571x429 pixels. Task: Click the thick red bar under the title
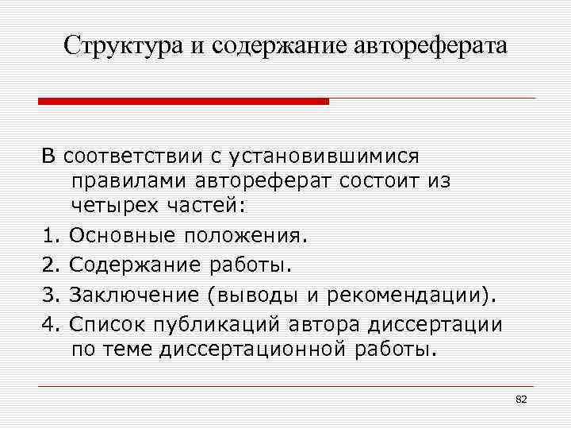click(184, 102)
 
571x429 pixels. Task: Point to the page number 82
click(521, 399)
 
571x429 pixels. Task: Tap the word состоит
click(371, 180)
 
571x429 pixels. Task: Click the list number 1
click(48, 235)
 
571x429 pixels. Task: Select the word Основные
click(124, 235)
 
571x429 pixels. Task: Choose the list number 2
click(48, 263)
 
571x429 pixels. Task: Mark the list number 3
click(48, 295)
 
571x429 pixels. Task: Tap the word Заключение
click(133, 295)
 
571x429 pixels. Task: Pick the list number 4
click(48, 323)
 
